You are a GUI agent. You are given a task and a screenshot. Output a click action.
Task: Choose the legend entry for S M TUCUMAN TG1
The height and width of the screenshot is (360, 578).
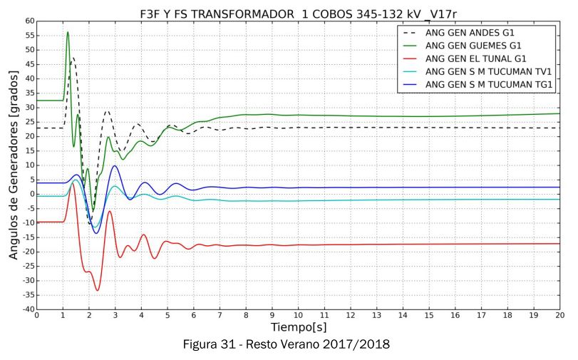click(489, 84)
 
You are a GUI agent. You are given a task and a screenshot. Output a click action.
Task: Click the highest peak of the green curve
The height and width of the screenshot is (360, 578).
click(68, 32)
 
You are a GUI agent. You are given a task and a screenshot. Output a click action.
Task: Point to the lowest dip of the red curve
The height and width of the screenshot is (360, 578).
click(98, 290)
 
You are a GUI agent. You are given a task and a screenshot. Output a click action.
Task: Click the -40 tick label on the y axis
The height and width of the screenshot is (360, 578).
click(26, 309)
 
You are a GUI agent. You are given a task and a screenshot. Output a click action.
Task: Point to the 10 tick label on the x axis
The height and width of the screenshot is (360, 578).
click(298, 314)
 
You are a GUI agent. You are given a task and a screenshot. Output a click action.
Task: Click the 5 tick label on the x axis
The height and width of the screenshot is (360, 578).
click(167, 314)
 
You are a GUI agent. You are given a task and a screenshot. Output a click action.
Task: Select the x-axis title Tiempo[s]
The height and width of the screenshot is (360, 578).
click(298, 326)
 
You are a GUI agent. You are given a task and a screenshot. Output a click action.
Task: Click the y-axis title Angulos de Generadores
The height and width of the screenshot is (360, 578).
click(14, 165)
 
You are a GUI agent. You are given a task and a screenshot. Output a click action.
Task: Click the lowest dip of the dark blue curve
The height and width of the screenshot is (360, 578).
click(96, 233)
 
